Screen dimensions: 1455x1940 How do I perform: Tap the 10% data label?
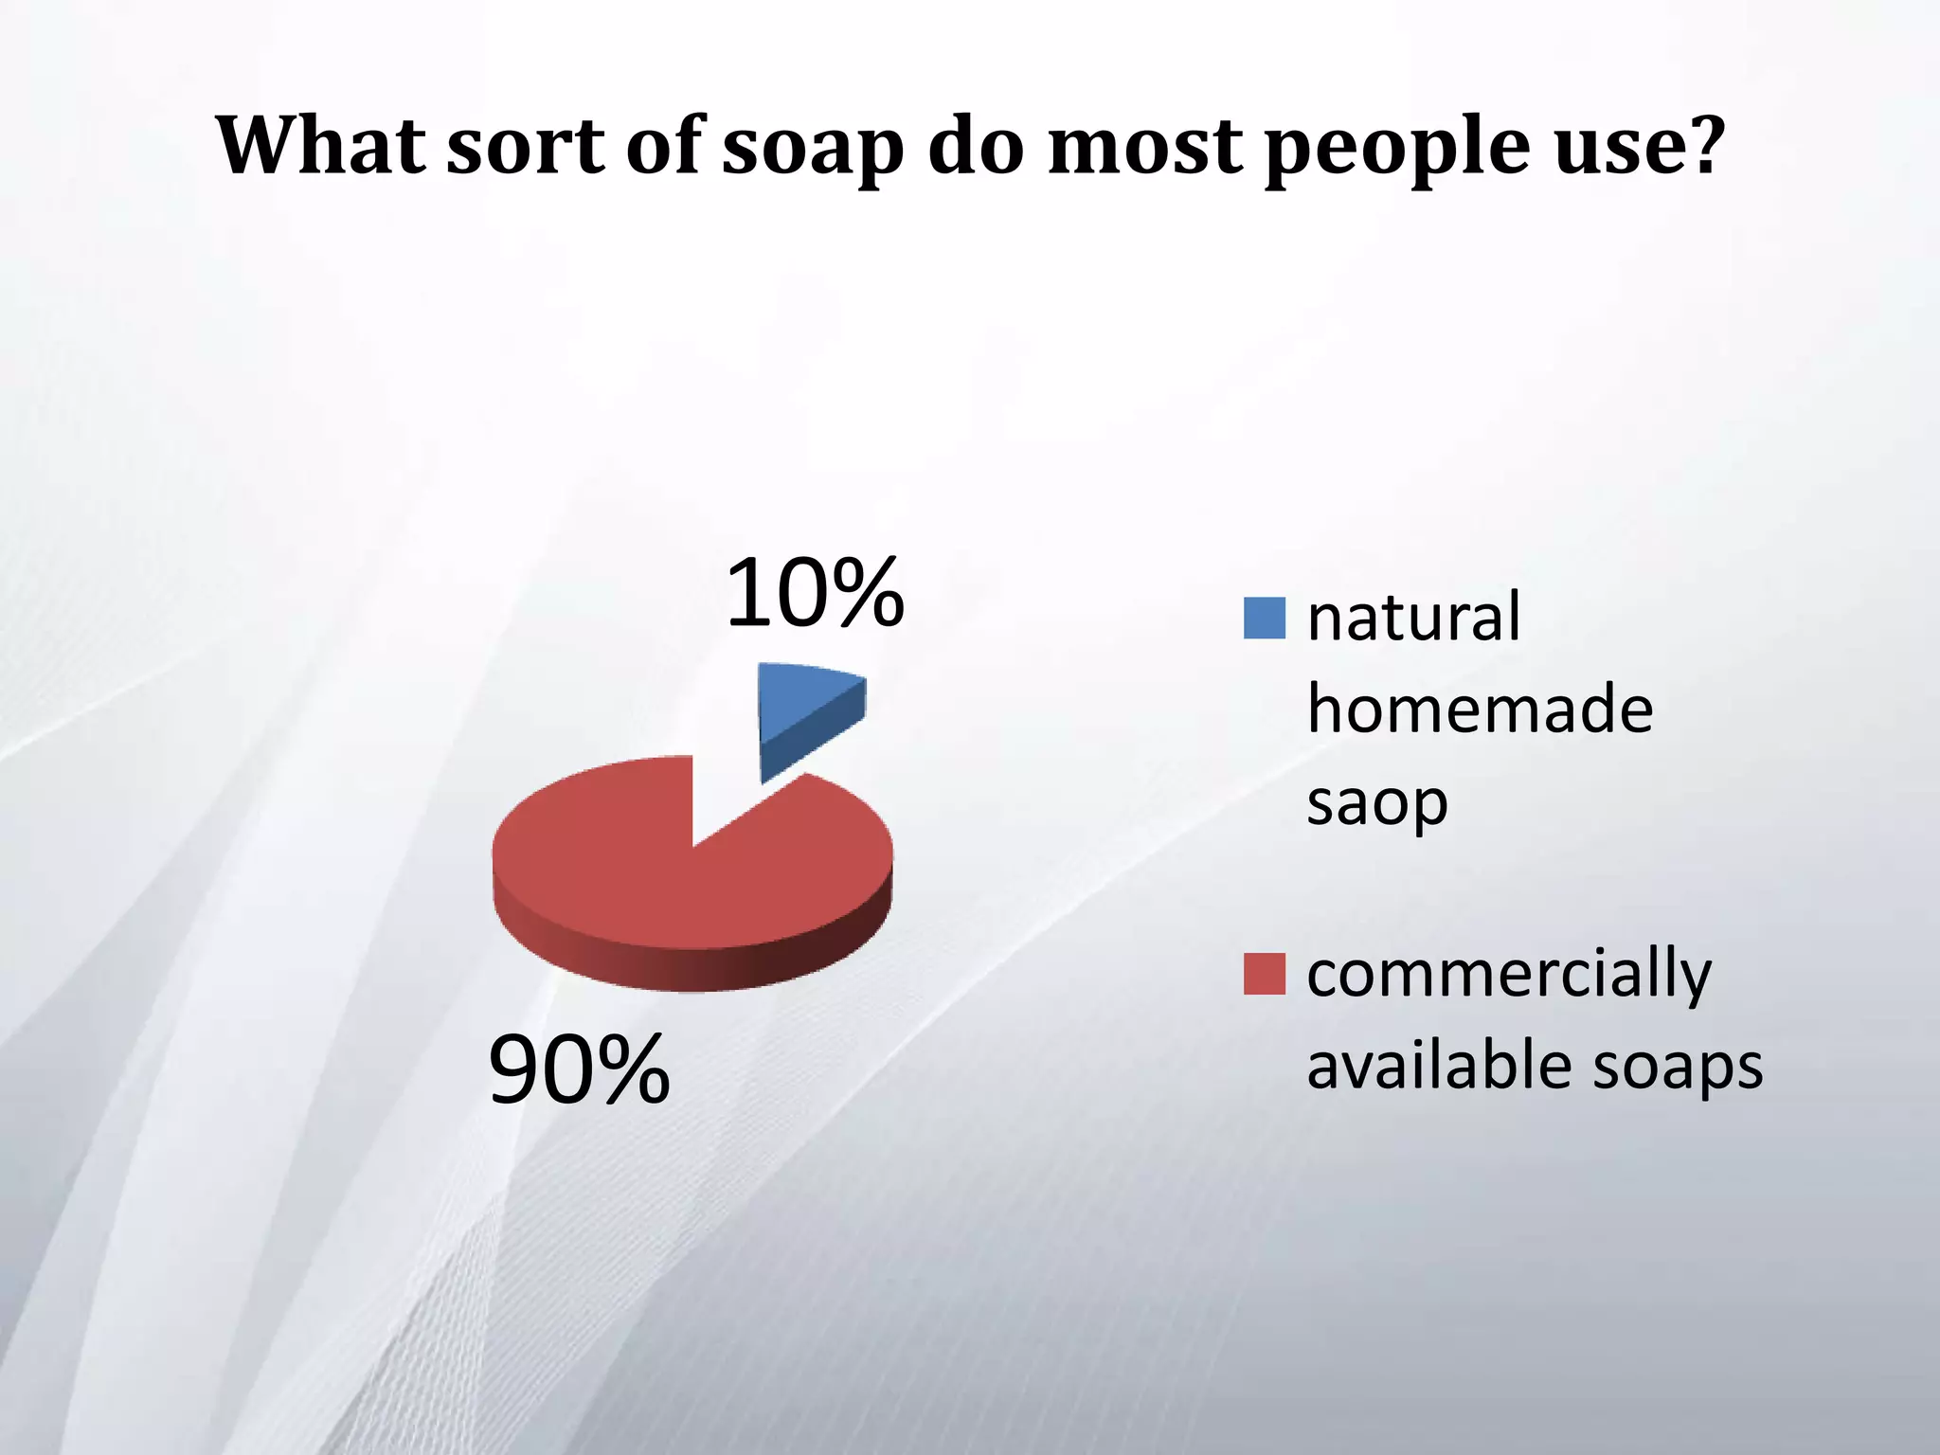coord(815,594)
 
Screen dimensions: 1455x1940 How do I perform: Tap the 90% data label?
coord(579,1070)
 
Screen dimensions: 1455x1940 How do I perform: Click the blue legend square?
coord(1264,619)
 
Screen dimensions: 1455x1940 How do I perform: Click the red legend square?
coord(1264,975)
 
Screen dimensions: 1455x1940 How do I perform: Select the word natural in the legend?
coord(1413,618)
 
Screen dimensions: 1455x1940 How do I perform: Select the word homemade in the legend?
coord(1480,710)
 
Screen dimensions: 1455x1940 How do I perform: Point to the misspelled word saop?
coord(1376,803)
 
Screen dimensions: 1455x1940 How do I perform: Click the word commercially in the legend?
coord(1509,974)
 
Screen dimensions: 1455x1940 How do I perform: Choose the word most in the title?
coord(1146,147)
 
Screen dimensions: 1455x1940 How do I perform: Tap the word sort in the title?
coord(526,147)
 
